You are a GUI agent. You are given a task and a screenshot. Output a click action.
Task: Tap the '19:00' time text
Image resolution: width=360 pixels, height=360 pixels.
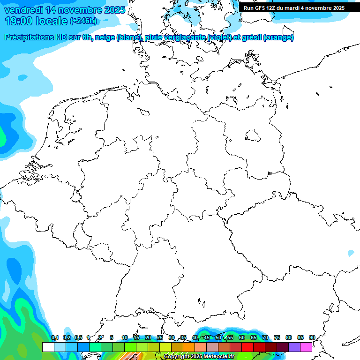(x=18, y=21)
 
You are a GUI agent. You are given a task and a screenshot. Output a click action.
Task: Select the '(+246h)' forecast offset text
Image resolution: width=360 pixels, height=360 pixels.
(x=83, y=21)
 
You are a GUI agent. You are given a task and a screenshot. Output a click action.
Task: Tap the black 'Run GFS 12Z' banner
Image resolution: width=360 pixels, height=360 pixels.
(x=294, y=8)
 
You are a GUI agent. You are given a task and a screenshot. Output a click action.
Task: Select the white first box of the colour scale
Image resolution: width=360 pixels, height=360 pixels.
(x=48, y=347)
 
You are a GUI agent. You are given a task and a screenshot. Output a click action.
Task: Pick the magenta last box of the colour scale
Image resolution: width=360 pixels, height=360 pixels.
(x=306, y=347)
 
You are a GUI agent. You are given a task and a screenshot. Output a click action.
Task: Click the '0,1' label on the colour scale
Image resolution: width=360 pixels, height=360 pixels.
(x=54, y=337)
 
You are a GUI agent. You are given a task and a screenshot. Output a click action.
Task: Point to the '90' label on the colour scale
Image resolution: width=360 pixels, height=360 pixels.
(x=312, y=337)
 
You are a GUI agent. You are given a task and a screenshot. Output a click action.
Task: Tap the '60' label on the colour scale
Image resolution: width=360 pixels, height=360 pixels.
(x=242, y=337)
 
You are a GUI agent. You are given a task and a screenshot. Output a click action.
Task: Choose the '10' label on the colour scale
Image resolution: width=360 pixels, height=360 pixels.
(x=125, y=337)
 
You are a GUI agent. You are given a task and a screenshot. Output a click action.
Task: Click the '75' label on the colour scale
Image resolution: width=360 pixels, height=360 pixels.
(x=277, y=337)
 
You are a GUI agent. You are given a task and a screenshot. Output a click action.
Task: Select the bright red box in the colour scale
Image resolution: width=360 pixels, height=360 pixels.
(x=247, y=347)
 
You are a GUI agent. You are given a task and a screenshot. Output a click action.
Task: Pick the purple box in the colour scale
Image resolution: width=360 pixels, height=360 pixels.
(x=294, y=347)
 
